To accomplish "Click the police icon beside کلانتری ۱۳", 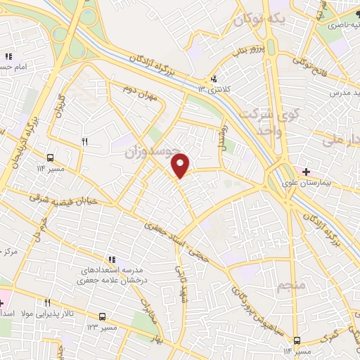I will coord(213,79).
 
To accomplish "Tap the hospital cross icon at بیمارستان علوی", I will coord(305,172).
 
